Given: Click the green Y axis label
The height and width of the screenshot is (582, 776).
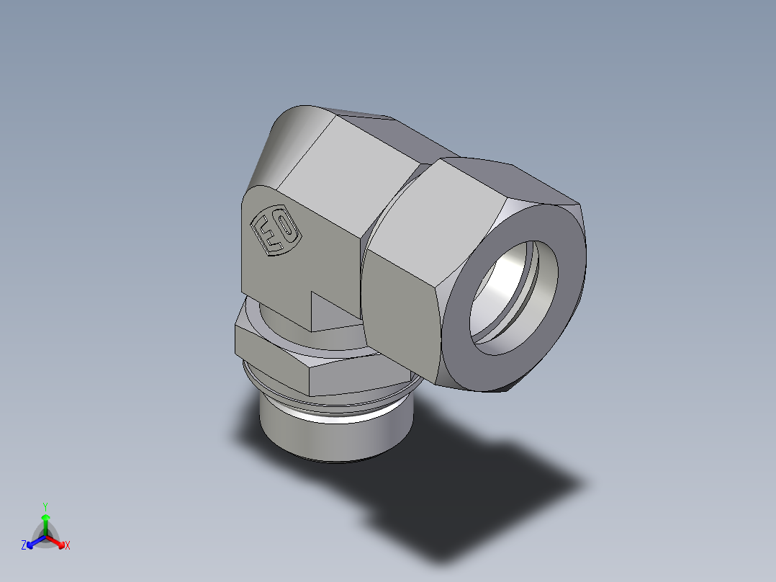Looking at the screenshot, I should tap(45, 506).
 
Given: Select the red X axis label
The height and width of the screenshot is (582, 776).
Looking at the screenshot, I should tap(68, 546).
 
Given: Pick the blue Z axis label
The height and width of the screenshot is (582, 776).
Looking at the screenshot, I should tap(24, 546).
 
